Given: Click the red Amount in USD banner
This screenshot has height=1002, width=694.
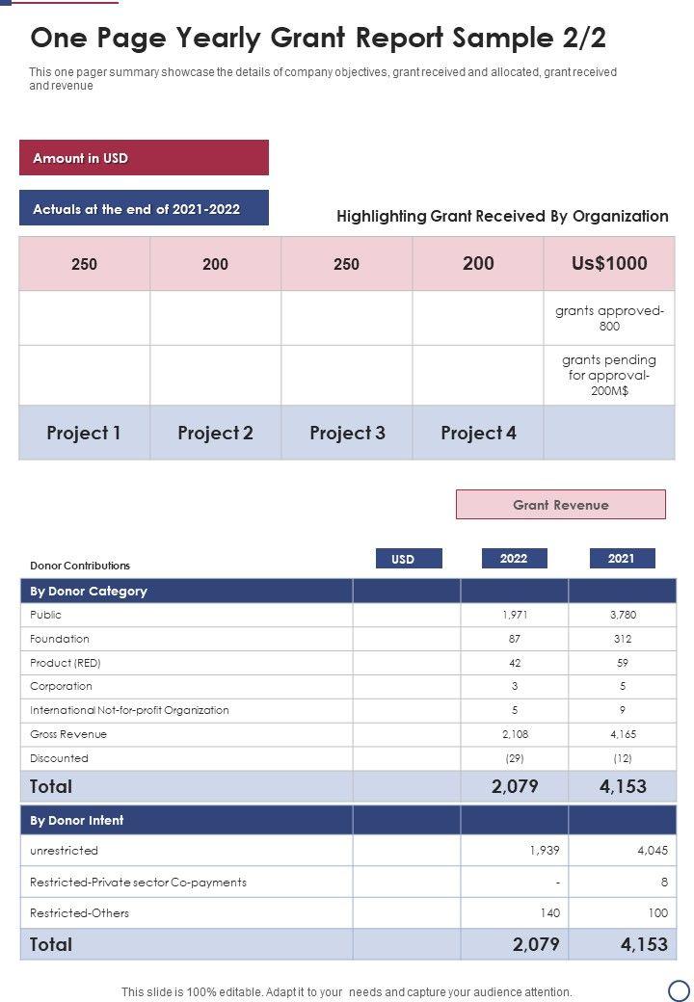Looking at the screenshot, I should click(144, 158).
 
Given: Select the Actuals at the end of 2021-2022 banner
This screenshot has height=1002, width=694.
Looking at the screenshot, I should click(144, 208).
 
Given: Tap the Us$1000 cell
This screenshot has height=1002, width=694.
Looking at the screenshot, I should click(609, 263).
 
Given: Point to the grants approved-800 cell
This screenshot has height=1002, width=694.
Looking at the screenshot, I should click(609, 319).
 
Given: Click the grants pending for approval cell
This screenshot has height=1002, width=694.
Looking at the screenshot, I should click(609, 376).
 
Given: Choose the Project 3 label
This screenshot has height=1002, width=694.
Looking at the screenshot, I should click(347, 434).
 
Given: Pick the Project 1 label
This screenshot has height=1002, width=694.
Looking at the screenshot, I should click(84, 434).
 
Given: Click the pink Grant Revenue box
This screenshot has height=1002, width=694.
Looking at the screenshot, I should click(560, 505).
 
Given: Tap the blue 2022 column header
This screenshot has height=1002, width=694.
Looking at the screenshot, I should click(514, 558).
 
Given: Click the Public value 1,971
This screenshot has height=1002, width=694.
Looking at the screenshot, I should click(515, 615).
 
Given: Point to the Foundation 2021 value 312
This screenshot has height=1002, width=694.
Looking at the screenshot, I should click(622, 639).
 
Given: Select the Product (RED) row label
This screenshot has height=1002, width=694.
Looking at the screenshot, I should click(66, 663).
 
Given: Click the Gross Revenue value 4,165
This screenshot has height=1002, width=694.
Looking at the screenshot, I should click(622, 734).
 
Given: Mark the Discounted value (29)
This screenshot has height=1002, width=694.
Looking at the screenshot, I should click(515, 758).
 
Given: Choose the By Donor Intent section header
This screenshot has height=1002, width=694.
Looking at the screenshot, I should click(77, 821).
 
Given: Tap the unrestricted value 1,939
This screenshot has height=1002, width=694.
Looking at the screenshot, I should click(544, 851).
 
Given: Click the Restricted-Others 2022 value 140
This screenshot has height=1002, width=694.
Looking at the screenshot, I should click(549, 912).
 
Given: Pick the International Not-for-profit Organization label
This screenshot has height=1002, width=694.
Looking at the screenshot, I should click(129, 710).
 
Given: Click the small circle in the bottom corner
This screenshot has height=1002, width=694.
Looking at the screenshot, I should click(679, 989).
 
